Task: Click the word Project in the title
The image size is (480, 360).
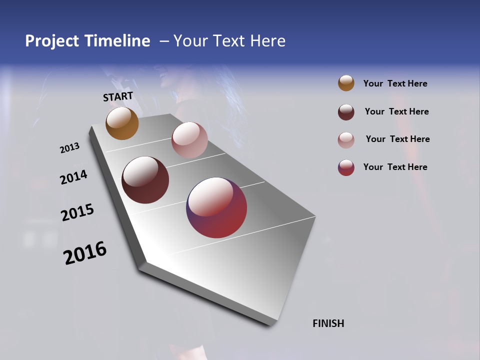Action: click(52, 41)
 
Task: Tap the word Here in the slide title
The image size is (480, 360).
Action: click(267, 41)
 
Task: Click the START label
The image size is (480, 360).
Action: click(118, 96)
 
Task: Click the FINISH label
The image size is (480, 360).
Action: click(328, 323)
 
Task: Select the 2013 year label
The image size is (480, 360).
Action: click(69, 148)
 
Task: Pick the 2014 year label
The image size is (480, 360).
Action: click(73, 177)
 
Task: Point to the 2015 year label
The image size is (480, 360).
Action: click(77, 212)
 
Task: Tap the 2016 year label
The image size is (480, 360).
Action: click(85, 252)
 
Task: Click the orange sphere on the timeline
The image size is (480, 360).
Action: click(122, 123)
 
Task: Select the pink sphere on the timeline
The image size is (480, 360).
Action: click(189, 140)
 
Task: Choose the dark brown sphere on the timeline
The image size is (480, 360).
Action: click(145, 180)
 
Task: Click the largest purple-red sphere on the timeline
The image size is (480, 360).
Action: click(216, 207)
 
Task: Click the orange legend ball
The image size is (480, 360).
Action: click(346, 83)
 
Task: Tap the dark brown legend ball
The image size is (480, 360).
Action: click(346, 112)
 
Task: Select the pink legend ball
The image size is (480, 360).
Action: click(346, 139)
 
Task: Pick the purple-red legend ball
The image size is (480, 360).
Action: click(346, 167)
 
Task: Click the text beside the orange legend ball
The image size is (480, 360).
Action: click(395, 83)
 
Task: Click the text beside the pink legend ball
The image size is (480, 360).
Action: click(397, 139)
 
